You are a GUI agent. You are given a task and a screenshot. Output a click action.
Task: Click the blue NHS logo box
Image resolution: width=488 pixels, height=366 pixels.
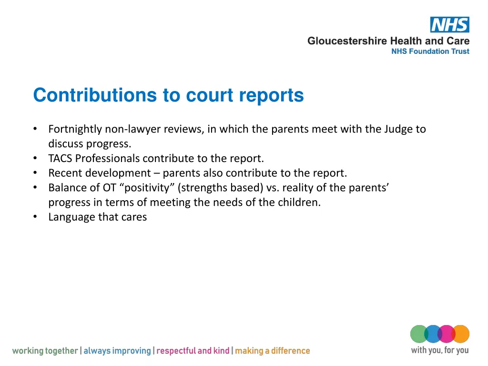coord(449,24)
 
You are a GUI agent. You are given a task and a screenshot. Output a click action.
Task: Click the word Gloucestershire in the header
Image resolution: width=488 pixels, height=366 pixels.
coord(347,41)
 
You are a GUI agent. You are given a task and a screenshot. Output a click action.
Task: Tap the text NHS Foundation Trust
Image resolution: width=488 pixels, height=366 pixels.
coord(430,51)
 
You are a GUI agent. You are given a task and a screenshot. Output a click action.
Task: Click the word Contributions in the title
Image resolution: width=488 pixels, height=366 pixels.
coord(95,95)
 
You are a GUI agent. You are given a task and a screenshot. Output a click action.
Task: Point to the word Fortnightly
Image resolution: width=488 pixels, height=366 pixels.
coord(75,129)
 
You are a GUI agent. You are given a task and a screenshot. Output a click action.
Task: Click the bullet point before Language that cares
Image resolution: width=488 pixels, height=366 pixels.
coord(36,217)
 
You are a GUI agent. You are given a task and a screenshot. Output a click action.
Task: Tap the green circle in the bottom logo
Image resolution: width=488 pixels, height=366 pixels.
coord(419,334)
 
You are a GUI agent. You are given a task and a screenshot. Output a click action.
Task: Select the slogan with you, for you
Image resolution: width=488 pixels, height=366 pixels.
coord(439,350)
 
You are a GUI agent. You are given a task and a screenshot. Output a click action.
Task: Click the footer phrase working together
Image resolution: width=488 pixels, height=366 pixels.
coord(45,351)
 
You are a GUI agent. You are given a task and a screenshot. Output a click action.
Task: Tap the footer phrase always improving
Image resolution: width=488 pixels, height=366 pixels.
coord(117,351)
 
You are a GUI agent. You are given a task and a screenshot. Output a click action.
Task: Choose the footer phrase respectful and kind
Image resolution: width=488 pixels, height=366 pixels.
coord(193,351)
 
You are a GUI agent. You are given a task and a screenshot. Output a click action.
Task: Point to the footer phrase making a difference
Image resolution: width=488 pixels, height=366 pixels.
coord(272,351)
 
